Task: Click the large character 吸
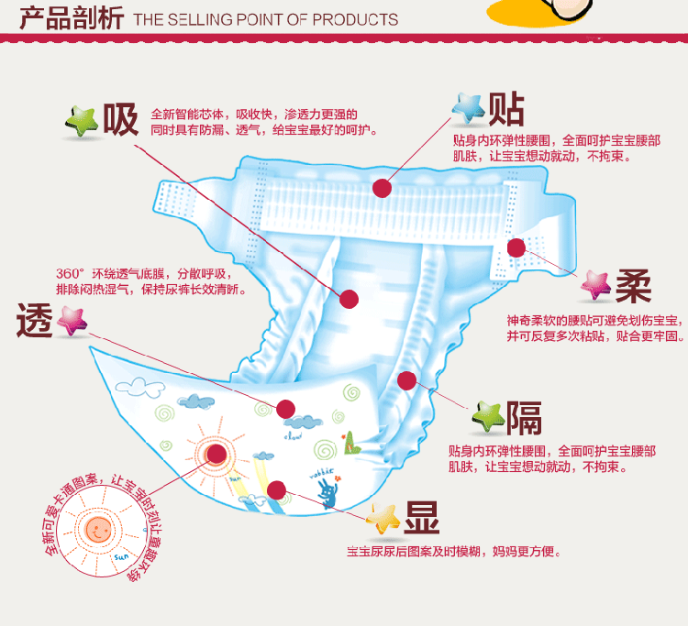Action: pyautogui.click(x=120, y=119)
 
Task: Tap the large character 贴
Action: pyautogui.click(x=506, y=108)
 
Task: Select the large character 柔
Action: pyautogui.click(x=633, y=287)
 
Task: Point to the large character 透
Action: pyautogui.click(x=35, y=321)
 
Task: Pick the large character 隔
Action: pyautogui.click(x=525, y=418)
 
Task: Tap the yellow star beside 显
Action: pyautogui.click(x=383, y=520)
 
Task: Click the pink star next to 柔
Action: pyautogui.click(x=595, y=287)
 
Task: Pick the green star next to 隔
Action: pyautogui.click(x=487, y=419)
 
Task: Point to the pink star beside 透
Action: pyautogui.click(x=71, y=321)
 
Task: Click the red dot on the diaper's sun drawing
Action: pyautogui.click(x=216, y=453)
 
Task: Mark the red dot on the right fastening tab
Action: pyautogui.click(x=516, y=247)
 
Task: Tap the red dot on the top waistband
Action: pyautogui.click(x=383, y=188)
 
